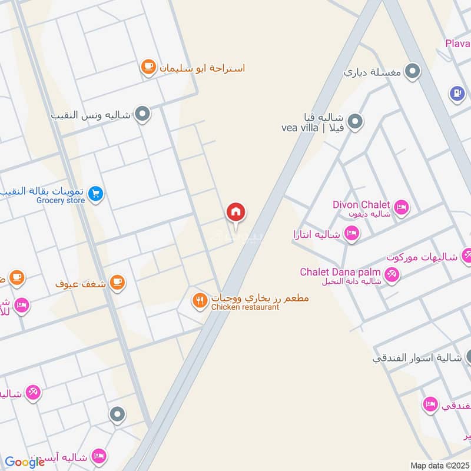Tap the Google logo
pos(25,462)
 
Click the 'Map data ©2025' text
pos(439,466)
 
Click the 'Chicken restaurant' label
pos(245,307)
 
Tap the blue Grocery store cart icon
pos(97,193)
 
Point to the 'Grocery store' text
pos(61,201)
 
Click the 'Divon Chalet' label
pos(361,205)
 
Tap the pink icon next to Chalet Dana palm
pos(392,274)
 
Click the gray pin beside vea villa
pos(354,122)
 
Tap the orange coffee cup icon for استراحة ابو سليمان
pos(147,68)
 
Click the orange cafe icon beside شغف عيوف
pos(118,283)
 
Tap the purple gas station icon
pos(457,93)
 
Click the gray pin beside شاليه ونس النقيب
pos(142,114)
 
